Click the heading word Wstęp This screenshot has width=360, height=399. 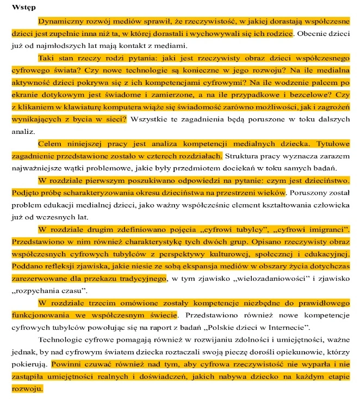24,9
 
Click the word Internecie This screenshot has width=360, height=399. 289,327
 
